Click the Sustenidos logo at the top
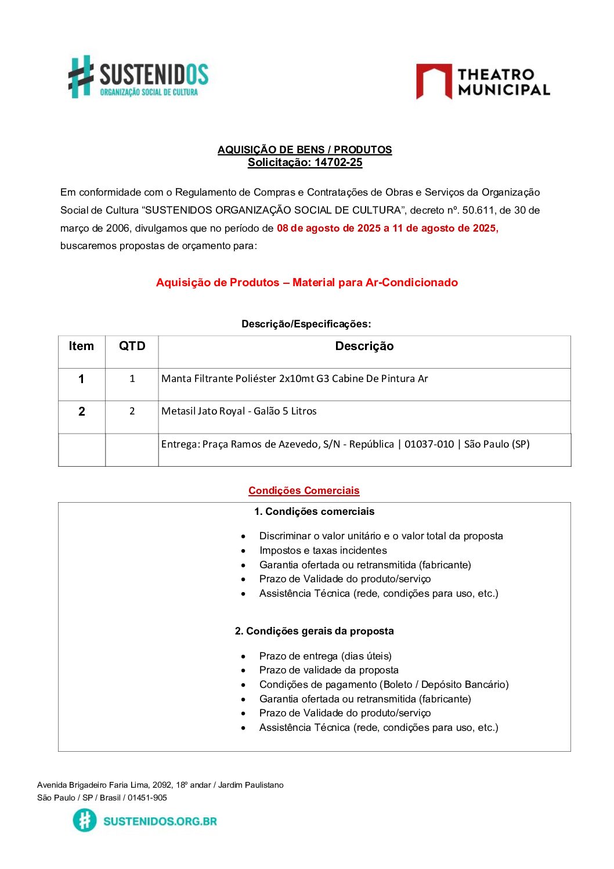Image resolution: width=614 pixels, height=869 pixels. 138,77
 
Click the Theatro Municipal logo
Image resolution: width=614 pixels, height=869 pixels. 483,82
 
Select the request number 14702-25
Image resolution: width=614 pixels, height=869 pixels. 338,163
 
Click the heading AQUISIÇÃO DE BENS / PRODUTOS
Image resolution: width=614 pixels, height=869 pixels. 305,150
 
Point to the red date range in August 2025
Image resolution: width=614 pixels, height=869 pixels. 387,228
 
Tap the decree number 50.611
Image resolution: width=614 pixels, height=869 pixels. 478,210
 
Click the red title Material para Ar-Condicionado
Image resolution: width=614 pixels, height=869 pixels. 375,283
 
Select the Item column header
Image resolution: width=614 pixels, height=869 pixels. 81,347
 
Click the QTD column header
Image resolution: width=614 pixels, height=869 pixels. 132,347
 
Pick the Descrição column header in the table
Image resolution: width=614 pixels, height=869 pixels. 364,347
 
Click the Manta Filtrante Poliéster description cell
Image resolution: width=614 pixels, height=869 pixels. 295,379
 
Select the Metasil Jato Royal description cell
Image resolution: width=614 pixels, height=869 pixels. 239,412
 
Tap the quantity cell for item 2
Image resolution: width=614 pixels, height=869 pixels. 132,412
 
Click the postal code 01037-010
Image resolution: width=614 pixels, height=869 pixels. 429,445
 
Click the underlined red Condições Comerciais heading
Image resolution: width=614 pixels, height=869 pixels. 304,491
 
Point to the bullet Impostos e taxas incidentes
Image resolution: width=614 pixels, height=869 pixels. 323,551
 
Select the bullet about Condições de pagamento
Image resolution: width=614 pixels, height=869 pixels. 384,685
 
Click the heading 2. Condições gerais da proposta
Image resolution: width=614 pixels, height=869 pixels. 314,632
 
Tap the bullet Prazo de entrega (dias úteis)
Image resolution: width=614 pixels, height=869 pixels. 326,657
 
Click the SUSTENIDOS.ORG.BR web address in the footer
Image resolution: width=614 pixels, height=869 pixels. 160,821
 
